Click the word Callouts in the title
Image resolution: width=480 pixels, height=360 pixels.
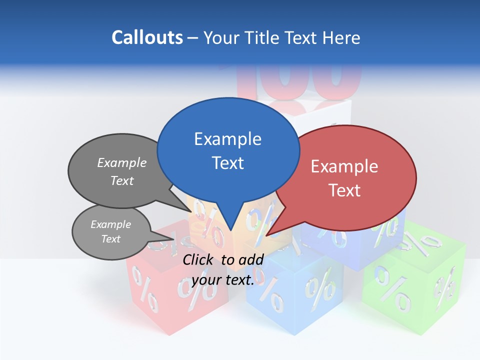tap(147, 37)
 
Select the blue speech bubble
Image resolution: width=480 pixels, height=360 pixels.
tap(228, 150)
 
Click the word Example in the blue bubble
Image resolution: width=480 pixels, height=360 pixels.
tap(228, 139)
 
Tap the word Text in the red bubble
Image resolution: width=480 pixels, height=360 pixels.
tap(345, 190)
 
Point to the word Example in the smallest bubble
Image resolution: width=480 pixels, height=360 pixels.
tap(111, 224)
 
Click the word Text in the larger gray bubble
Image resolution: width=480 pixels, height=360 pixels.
tap(122, 180)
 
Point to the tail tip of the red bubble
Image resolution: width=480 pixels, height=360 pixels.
tap(266, 235)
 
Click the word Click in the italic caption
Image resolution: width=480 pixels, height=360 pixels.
tap(199, 259)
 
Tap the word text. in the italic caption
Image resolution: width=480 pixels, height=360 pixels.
tap(238, 280)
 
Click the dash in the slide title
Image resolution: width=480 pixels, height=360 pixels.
tap(193, 37)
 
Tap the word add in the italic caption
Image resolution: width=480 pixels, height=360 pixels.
tap(251, 259)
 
